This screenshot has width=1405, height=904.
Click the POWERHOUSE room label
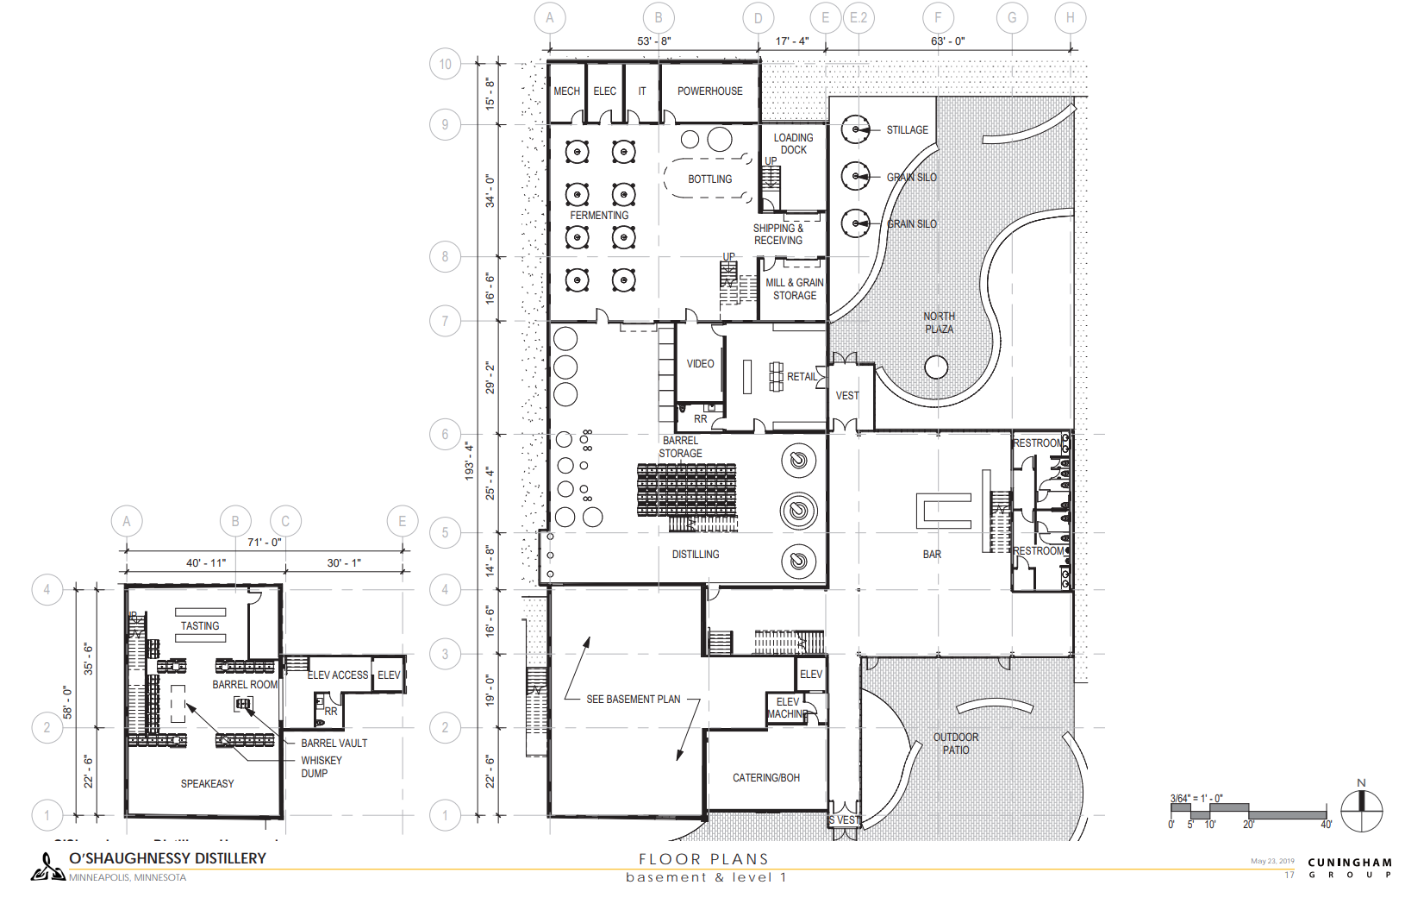click(709, 91)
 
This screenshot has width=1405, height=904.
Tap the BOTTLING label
click(709, 179)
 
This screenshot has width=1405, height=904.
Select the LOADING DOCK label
click(793, 143)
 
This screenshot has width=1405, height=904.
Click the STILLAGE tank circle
click(855, 130)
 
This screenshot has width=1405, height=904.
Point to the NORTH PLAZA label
click(939, 323)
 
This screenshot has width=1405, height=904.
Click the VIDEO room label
click(700, 364)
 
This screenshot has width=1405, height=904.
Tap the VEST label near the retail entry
click(847, 396)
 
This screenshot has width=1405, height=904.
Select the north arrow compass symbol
click(1362, 810)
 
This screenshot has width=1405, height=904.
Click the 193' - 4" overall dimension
click(470, 461)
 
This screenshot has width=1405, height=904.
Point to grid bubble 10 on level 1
click(445, 64)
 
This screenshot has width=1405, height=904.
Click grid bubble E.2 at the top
click(859, 17)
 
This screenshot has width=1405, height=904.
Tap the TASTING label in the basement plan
click(200, 626)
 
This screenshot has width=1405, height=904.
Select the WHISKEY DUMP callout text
click(321, 767)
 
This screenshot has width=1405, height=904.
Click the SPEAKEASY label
click(207, 784)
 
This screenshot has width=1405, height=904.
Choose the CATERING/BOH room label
click(765, 778)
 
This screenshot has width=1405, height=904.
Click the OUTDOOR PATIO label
click(955, 744)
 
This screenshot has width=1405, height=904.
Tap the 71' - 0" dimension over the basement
click(264, 543)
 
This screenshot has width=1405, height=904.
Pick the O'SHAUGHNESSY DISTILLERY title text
click(167, 858)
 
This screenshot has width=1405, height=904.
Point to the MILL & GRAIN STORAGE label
click(794, 289)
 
